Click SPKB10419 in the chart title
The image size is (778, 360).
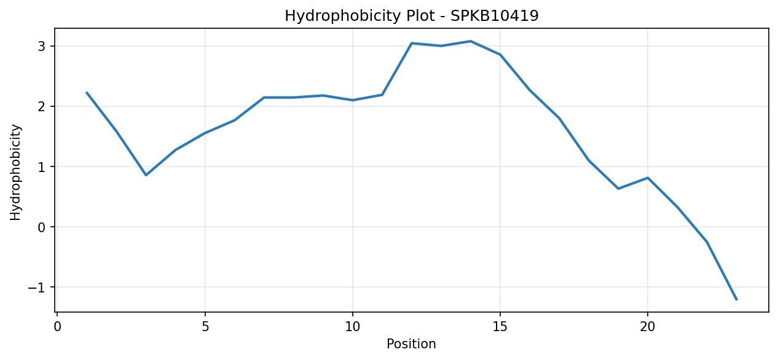click(495, 15)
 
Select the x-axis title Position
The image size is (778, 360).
click(411, 343)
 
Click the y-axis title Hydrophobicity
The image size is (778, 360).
click(15, 172)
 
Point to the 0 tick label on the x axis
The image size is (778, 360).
click(58, 327)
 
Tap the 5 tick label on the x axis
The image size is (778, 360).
click(205, 327)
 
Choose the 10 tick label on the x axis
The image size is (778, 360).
click(353, 327)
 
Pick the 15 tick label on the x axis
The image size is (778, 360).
click(500, 327)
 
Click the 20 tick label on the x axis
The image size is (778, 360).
click(647, 327)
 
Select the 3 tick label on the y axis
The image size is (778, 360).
click(42, 46)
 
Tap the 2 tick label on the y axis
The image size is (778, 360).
click(42, 106)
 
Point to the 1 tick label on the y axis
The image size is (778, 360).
click(42, 166)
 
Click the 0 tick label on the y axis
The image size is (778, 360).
click(42, 227)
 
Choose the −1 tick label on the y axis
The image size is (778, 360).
click(37, 288)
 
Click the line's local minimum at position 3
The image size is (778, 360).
click(146, 175)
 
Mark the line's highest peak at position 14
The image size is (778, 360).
click(471, 41)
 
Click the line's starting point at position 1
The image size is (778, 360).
click(87, 92)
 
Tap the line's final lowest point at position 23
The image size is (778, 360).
click(736, 300)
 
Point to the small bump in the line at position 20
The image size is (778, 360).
click(648, 178)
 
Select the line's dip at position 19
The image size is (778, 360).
click(618, 189)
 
